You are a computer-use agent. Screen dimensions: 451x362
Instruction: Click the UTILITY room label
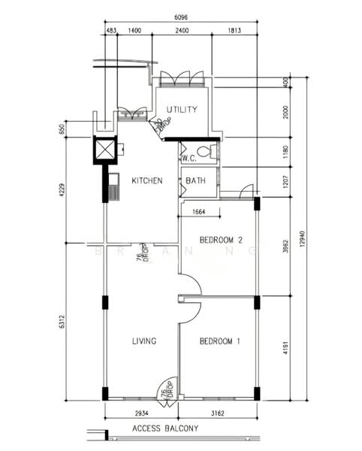(182, 110)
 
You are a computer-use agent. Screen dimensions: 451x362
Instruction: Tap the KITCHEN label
(147, 180)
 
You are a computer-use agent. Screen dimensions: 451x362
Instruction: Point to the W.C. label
(189, 158)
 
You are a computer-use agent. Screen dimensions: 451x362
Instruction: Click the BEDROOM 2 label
(221, 241)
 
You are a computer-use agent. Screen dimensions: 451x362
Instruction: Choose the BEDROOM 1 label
(219, 341)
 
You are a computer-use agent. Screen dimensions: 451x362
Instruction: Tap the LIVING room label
(143, 341)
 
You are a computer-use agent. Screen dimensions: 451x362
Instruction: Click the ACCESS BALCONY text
(165, 429)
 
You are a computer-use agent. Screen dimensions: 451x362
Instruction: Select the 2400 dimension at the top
(183, 30)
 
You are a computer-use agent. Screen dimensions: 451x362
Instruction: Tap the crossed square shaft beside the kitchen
(106, 150)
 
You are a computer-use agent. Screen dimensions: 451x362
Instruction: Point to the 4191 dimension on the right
(285, 350)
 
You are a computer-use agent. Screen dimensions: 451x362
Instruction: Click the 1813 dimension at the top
(234, 30)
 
